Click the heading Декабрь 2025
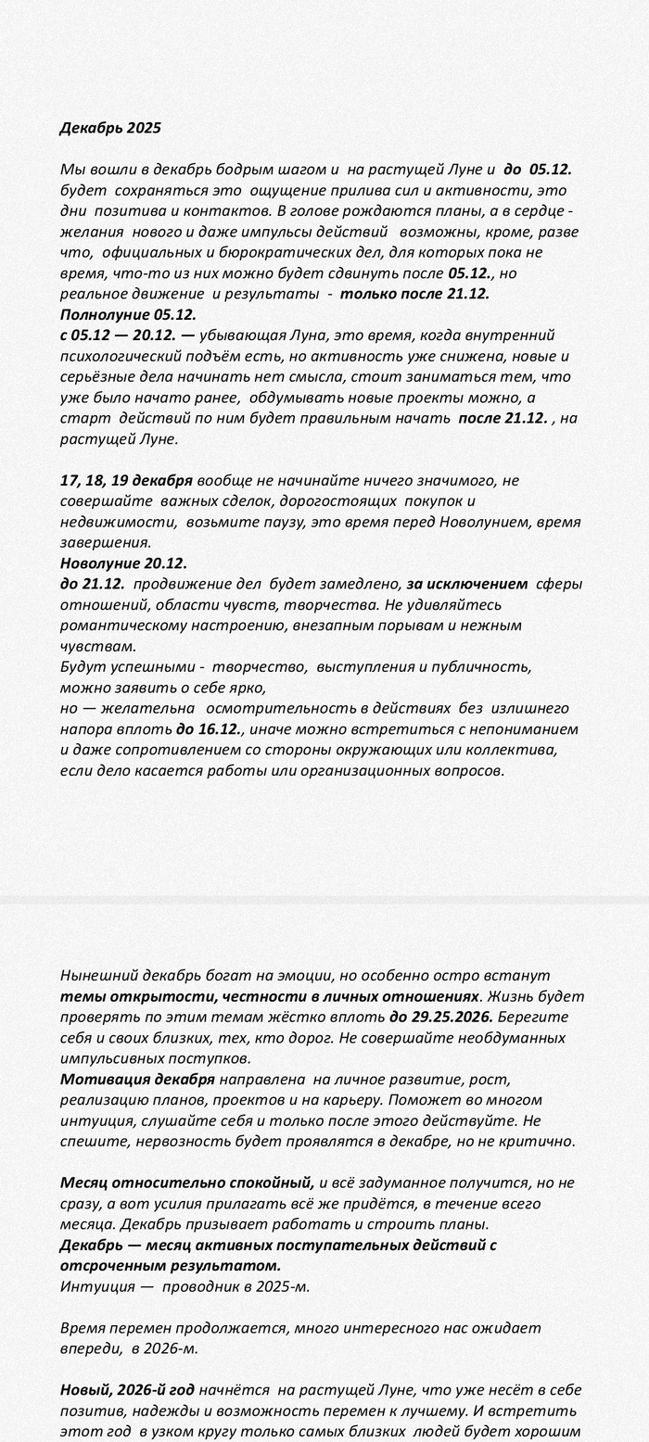tap(110, 128)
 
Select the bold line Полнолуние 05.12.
tap(128, 314)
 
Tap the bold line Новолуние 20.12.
tap(123, 563)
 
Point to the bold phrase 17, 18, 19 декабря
tap(126, 480)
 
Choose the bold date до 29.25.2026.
tap(440, 1017)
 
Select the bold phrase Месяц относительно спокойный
tap(187, 1183)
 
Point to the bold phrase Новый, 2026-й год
tap(127, 1390)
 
